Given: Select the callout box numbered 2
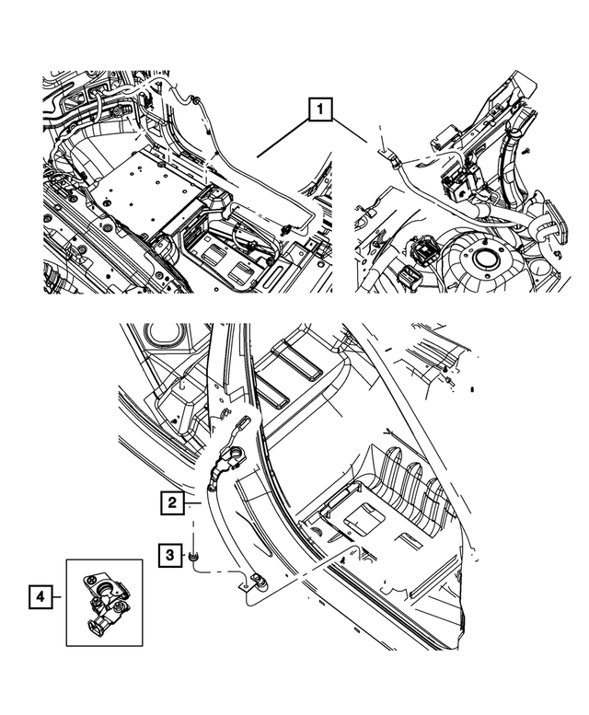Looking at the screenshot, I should click(x=172, y=502).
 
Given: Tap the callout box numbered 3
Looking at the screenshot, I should click(x=172, y=555).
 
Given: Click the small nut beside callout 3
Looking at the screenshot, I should click(x=195, y=555).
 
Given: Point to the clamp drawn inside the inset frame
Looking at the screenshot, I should click(x=104, y=603).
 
